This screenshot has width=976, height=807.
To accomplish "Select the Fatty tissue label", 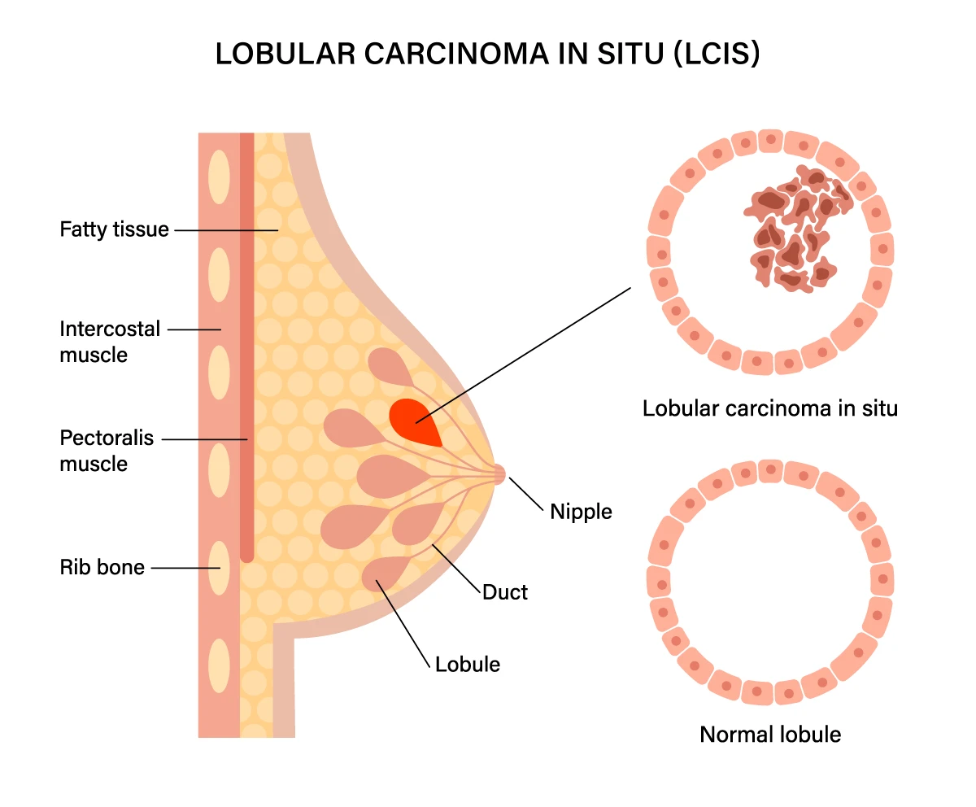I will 114,229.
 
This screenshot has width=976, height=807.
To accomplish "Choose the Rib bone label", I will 102,567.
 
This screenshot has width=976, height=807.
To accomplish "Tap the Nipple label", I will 581,512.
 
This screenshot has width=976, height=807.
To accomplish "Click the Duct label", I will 505,592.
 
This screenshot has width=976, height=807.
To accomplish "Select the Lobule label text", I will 468,664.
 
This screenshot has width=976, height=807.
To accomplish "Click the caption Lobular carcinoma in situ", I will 769,408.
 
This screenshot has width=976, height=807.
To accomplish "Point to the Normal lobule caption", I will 769,735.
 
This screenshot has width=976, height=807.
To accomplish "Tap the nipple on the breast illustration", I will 498,473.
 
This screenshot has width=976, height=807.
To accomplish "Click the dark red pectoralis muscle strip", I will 247,342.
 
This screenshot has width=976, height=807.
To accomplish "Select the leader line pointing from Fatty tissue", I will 226,230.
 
